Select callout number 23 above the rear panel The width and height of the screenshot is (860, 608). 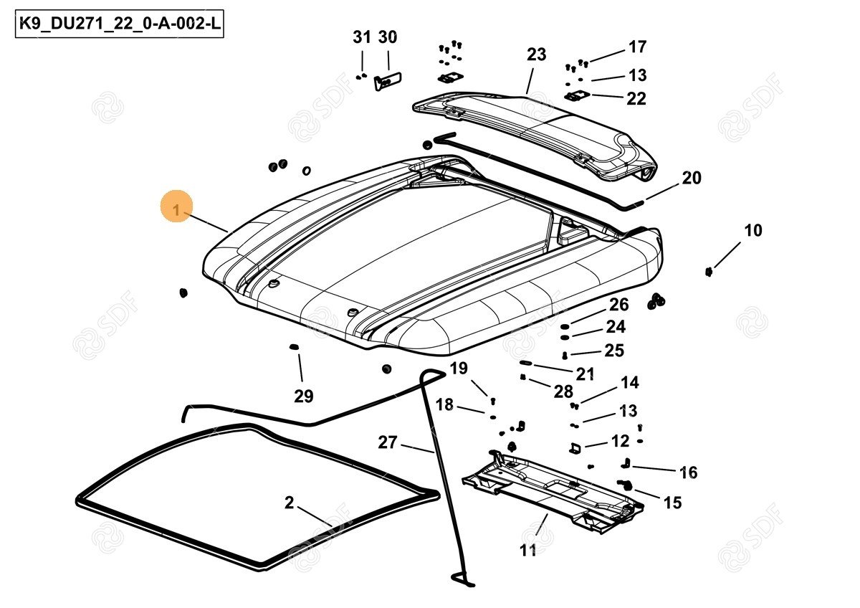coord(536,54)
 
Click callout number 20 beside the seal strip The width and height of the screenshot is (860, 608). coord(691,178)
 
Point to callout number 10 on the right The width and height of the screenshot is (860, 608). coord(752,231)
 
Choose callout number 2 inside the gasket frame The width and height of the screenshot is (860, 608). coord(289,503)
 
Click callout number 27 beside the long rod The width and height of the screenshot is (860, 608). coord(387,442)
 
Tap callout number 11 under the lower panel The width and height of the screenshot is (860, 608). coord(528,551)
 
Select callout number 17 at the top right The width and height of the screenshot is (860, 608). coord(637,47)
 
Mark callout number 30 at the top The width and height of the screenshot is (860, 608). coord(387,37)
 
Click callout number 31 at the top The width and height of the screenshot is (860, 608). coord(362,37)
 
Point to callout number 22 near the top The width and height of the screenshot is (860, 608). coord(636,98)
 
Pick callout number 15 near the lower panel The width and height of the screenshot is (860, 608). coord(672,503)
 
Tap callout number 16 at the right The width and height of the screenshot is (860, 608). coord(688,472)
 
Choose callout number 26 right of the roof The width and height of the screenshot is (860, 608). coord(618,305)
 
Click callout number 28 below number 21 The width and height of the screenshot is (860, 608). coord(563,391)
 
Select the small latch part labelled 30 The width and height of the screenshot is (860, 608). coord(388,81)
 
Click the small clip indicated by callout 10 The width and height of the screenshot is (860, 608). coord(709,271)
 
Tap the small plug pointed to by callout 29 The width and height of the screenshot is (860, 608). coord(293,348)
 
